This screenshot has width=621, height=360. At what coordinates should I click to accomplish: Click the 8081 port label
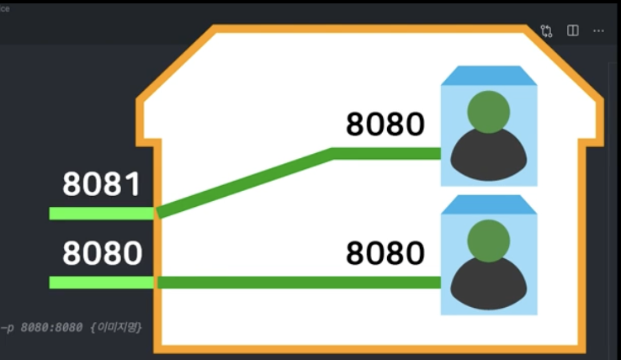click(102, 184)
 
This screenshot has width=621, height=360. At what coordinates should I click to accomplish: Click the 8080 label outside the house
click(102, 252)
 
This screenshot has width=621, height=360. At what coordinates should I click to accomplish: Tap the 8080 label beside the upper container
click(385, 124)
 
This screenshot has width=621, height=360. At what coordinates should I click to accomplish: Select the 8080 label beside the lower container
click(385, 252)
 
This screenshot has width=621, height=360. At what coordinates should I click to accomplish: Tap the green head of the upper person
click(489, 112)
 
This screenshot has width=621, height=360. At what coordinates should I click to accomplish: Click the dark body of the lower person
click(489, 286)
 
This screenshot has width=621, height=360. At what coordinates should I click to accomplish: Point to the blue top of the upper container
click(489, 74)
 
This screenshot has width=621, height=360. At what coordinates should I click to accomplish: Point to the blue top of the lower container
click(489, 204)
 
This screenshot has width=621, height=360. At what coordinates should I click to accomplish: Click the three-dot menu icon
click(598, 30)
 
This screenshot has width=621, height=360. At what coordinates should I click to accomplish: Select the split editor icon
click(573, 30)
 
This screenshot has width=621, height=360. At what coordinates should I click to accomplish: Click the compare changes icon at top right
click(547, 30)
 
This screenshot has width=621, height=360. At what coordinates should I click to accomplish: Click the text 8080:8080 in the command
click(50, 326)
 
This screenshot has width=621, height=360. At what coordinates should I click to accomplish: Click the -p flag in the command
click(8, 326)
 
